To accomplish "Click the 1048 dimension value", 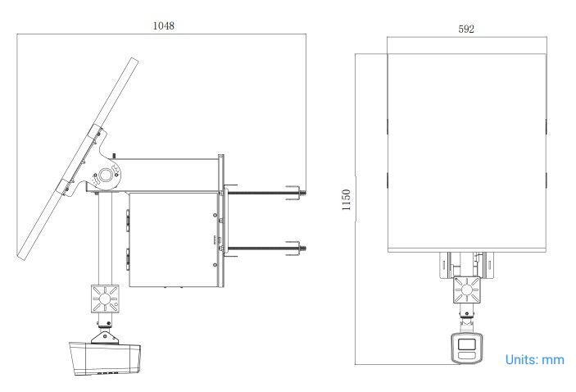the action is pos(164,25).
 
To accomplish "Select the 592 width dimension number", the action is pos(466,29).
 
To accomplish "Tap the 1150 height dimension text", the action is pos(346,199).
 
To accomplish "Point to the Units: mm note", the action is pos(534,359).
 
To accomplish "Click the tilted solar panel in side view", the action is pos(78,159).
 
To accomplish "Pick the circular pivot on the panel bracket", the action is pos(106,175).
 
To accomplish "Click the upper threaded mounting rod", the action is pos(263,193).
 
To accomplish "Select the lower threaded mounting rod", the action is pos(263,248).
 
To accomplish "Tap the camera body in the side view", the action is pos(105,358).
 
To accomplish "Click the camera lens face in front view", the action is pos(466,348).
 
